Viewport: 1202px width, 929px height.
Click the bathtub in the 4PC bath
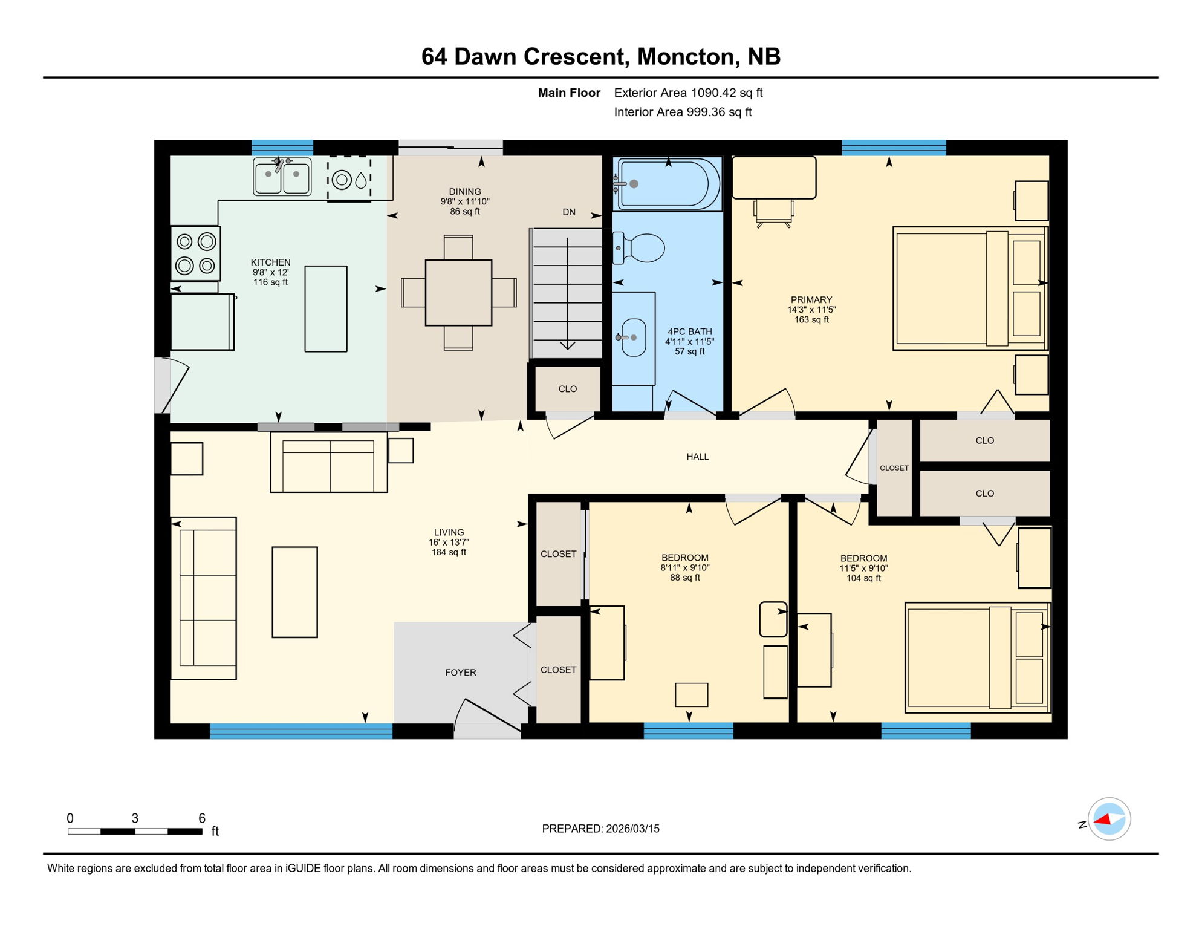668,184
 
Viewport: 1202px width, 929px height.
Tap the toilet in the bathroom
642,248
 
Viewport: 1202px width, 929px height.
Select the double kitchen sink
282,177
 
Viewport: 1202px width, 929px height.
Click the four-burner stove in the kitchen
195,254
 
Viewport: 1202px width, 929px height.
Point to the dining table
458,293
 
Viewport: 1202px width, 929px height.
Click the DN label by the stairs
569,212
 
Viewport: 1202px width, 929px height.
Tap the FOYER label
461,673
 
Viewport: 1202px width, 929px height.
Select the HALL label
697,457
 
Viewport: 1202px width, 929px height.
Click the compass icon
1109,819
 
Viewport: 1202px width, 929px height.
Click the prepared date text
600,829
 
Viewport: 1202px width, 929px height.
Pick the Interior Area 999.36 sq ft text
683,112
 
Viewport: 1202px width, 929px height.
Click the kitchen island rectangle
326,308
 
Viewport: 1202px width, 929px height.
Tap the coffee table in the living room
294,592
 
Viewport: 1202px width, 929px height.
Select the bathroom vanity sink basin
633,337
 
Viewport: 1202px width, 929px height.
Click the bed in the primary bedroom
969,288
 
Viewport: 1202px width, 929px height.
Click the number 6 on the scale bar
202,818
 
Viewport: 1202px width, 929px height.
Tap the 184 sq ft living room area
449,552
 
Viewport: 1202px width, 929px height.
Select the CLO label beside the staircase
567,389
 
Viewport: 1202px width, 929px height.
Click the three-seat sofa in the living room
203,598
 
